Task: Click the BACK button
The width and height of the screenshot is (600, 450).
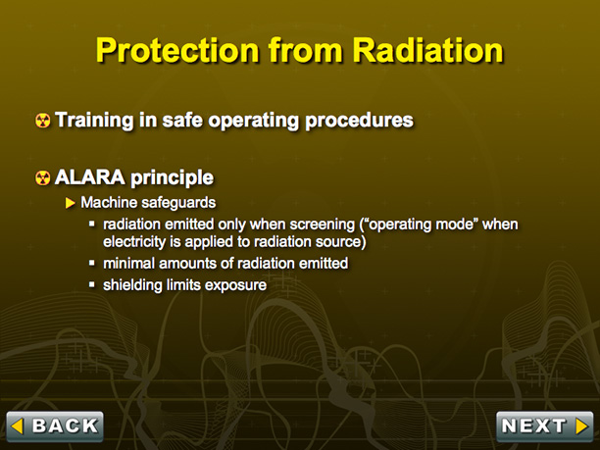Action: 55,426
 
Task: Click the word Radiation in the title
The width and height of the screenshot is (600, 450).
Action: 427,50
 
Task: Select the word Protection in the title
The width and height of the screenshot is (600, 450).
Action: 177,50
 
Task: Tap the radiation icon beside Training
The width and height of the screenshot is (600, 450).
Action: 42,121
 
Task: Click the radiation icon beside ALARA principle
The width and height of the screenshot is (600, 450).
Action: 42,177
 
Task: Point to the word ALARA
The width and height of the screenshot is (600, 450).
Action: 90,177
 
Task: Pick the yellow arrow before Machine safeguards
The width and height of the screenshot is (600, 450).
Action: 70,203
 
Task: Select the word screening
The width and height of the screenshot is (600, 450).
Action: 323,225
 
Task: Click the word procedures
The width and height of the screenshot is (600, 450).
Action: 359,121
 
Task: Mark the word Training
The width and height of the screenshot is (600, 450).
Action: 94,120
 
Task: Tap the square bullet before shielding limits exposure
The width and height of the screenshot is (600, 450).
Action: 92,284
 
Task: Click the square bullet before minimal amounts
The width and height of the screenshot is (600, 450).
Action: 92,263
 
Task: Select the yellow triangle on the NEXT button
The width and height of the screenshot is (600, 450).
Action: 581,425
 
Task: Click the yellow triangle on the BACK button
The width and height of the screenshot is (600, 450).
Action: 18,425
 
